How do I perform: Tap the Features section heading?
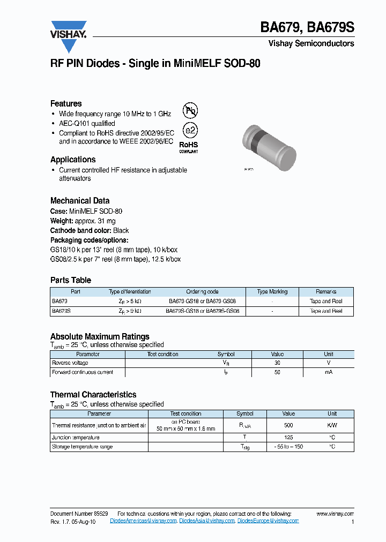click(66, 103)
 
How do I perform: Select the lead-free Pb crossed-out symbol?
click(190, 111)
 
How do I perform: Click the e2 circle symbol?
click(190, 130)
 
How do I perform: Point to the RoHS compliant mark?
click(188, 147)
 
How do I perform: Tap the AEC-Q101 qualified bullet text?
click(87, 123)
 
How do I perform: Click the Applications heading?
click(73, 160)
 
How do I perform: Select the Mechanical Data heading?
click(80, 201)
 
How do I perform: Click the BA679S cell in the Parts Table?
click(61, 311)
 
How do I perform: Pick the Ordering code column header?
click(202, 292)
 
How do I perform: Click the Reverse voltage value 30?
click(277, 363)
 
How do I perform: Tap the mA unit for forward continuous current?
click(328, 372)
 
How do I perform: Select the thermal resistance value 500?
click(288, 425)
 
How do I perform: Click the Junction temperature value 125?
click(288, 437)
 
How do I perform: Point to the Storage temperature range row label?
click(82, 447)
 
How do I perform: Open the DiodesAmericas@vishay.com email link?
click(143, 521)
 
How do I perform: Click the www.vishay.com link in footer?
click(335, 514)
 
